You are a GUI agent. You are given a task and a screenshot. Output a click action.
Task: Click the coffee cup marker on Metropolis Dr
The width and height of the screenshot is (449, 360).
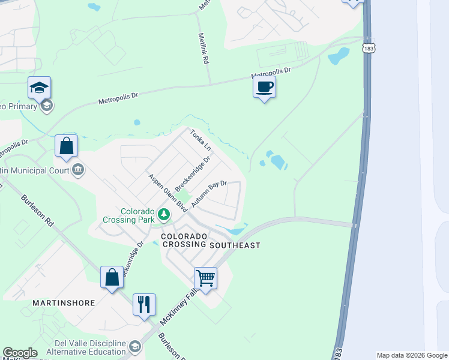point(264,88)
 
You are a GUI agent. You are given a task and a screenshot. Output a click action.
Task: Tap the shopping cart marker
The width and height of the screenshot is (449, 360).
point(205,278)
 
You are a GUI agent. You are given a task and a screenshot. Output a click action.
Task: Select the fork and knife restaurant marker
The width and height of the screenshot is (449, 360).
point(144,305)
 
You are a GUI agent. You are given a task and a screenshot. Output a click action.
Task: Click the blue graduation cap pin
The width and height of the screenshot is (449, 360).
point(40,88)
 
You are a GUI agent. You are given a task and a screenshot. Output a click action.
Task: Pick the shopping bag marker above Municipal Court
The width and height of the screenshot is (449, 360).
point(66,146)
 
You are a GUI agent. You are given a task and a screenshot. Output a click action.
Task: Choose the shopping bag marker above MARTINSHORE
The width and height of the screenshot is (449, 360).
point(112,278)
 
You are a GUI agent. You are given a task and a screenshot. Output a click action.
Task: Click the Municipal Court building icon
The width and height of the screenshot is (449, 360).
point(78,170)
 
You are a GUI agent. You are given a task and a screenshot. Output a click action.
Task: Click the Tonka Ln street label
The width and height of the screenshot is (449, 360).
point(201,140)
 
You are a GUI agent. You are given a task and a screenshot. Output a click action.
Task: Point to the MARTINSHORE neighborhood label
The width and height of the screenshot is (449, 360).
point(64,303)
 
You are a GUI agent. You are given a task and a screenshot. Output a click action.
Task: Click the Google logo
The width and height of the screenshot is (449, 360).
point(20,353)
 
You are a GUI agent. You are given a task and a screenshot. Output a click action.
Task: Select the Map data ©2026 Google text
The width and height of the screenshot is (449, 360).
point(411,355)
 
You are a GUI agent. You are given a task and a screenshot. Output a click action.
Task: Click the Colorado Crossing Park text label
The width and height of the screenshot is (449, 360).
point(137,216)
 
